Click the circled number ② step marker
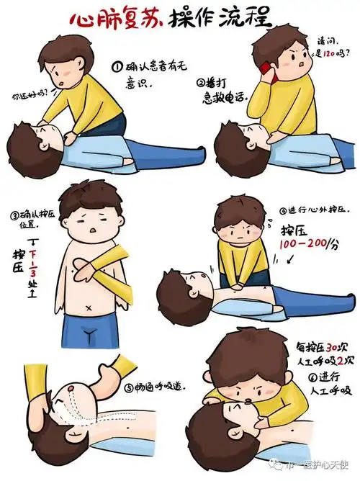click(x=201, y=82)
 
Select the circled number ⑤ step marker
click(x=128, y=387)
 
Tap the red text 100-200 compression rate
click(x=301, y=244)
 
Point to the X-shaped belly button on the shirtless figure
click(x=89, y=308)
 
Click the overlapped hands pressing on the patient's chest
click(x=237, y=286)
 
